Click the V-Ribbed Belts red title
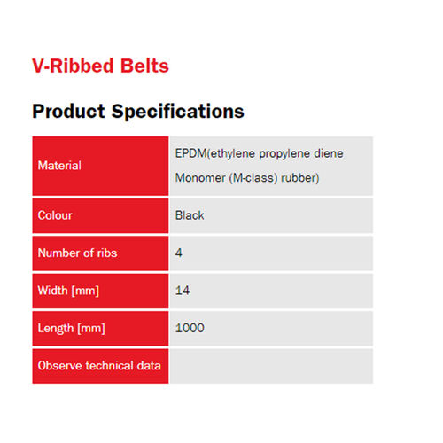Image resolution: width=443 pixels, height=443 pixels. [x=100, y=66]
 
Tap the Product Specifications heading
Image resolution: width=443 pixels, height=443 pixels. [x=137, y=112]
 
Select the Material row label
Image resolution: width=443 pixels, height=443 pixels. [x=59, y=166]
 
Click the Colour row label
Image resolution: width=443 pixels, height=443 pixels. [x=55, y=215]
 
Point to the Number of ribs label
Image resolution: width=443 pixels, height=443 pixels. [x=77, y=253]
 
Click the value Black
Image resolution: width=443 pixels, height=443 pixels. [x=190, y=215]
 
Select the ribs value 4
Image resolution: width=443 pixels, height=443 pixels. [x=180, y=253]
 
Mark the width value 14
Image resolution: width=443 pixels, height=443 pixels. [x=183, y=291]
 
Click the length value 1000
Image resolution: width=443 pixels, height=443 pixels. [x=190, y=329]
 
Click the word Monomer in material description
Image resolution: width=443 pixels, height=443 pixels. [x=202, y=178]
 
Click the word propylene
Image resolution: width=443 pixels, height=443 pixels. [x=282, y=153]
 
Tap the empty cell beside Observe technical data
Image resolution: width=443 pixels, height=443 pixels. [x=271, y=366]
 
